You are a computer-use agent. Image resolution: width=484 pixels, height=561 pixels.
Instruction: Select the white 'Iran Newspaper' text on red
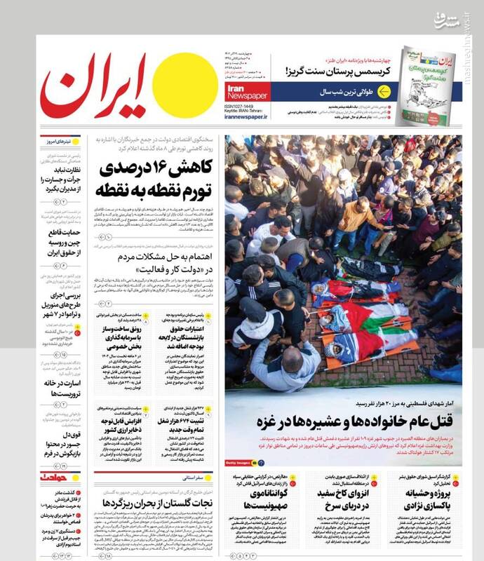(x=246, y=93)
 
